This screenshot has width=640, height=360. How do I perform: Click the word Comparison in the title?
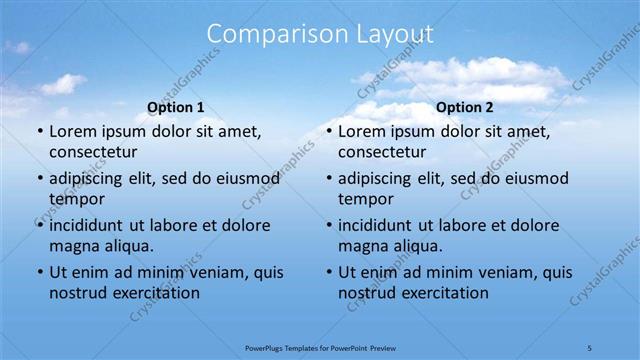[x=266, y=34]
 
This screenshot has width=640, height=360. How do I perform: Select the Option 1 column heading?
[x=176, y=107]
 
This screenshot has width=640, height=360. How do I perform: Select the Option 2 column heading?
[x=465, y=107]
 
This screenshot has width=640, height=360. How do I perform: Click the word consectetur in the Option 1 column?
[x=93, y=152]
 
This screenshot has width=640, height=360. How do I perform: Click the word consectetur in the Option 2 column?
[x=382, y=152]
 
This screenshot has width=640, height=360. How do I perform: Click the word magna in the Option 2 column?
[x=361, y=246]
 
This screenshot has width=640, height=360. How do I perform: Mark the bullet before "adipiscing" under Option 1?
[x=40, y=179]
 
